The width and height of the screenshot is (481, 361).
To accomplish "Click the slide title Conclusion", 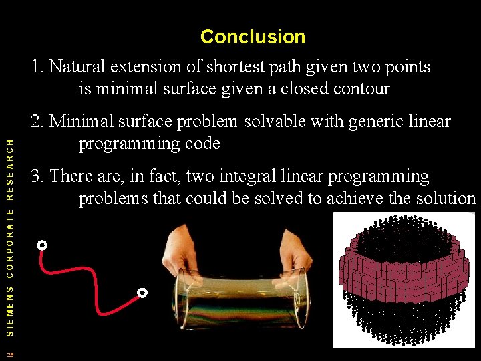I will click(253, 37).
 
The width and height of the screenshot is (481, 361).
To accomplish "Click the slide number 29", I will click(10, 354).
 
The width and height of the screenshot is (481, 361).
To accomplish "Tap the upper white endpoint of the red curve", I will click(42, 245).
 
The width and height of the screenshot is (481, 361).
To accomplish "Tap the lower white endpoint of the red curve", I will click(142, 293).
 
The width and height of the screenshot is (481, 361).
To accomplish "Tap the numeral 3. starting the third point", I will click(38, 176).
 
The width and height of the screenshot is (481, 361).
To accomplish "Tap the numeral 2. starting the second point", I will click(38, 122).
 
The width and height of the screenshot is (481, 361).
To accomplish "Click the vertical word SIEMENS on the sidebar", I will click(9, 308).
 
